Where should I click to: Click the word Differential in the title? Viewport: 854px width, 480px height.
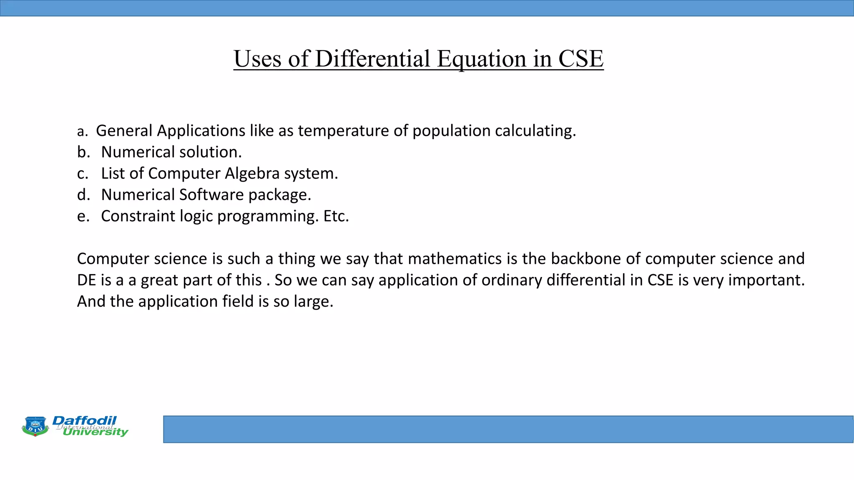(x=372, y=59)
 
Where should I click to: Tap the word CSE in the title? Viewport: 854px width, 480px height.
(x=580, y=59)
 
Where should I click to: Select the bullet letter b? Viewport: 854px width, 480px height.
(x=83, y=152)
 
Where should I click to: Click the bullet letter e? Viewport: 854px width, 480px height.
(x=83, y=216)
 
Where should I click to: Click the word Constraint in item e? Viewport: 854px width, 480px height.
(x=138, y=216)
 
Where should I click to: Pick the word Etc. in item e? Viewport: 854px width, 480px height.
(x=336, y=216)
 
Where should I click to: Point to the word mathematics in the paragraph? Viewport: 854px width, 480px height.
(x=455, y=259)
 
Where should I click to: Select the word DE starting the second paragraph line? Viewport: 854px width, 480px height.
(x=86, y=280)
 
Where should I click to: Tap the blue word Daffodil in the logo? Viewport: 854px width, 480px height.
(x=85, y=420)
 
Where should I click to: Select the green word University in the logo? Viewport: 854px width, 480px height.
(x=95, y=432)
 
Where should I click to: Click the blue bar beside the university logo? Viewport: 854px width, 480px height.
(x=508, y=429)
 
